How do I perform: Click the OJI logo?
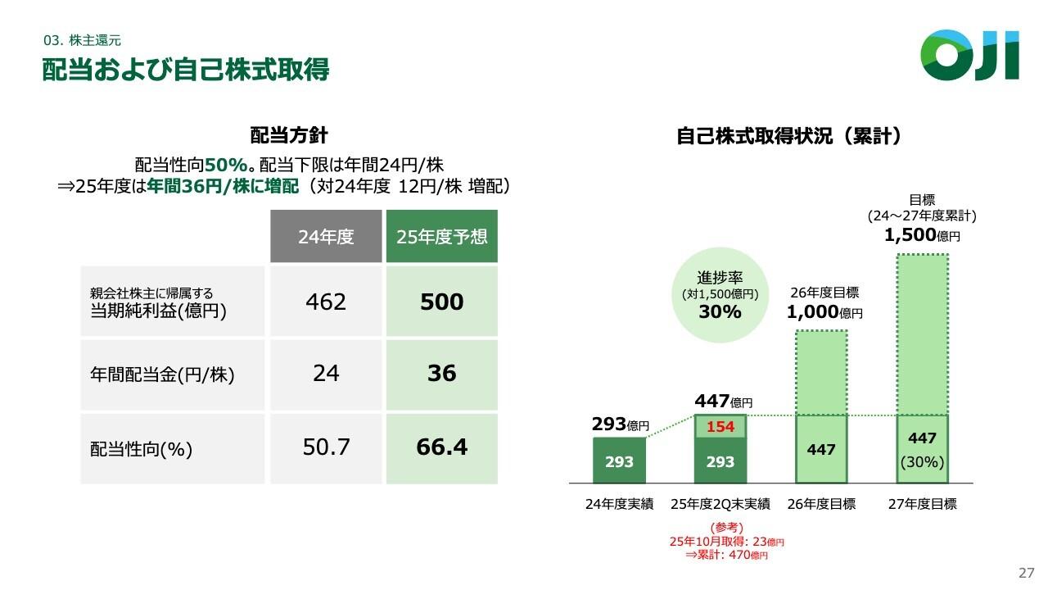pyautogui.click(x=969, y=55)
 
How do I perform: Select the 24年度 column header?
pyautogui.click(x=326, y=237)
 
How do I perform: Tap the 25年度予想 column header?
pyautogui.click(x=441, y=237)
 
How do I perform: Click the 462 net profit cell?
pyautogui.click(x=326, y=302)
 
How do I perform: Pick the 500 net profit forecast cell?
pyautogui.click(x=441, y=302)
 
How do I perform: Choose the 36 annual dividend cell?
pyautogui.click(x=441, y=374)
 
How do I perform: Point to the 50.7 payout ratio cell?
pyautogui.click(x=326, y=447)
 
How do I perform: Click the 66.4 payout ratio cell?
pyautogui.click(x=441, y=447)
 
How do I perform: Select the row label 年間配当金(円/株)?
pyautogui.click(x=162, y=375)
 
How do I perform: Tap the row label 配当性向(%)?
pyautogui.click(x=140, y=449)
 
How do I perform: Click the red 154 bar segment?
pyautogui.click(x=720, y=427)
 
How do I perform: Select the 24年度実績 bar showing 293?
pyautogui.click(x=619, y=461)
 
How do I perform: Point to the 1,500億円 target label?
pyautogui.click(x=922, y=235)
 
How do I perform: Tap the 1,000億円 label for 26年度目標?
pyautogui.click(x=824, y=312)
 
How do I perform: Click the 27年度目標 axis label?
pyautogui.click(x=922, y=504)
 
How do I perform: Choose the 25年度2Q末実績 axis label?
pyautogui.click(x=720, y=504)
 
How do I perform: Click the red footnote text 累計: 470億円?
pyautogui.click(x=727, y=556)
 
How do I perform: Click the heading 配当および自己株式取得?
pyautogui.click(x=186, y=70)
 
